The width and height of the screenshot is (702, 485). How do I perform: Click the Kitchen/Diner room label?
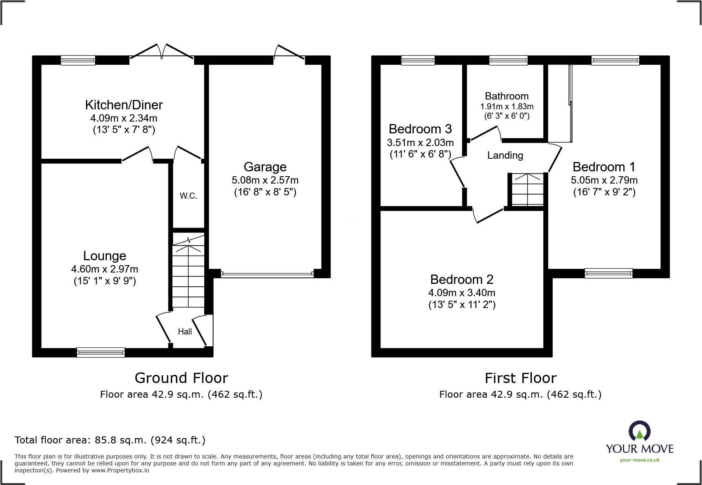pos(124,105)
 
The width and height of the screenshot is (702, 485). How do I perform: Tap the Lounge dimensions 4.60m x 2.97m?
pos(105,269)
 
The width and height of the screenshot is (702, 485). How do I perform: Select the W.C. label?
pos(188,196)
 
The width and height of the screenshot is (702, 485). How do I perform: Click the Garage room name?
pos(265,167)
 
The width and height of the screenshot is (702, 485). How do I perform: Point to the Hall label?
pos(185,332)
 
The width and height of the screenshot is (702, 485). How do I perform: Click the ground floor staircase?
pos(188,270)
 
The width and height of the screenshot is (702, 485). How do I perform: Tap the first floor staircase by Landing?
pos(528,189)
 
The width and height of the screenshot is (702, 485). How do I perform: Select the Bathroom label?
pos(507,96)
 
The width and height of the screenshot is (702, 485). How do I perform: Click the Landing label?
pos(505,155)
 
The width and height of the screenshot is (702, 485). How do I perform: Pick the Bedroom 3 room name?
pos(420,129)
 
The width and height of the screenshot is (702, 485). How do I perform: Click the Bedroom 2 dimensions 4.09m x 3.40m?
pos(462,293)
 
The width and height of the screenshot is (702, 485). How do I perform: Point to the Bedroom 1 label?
pos(604,167)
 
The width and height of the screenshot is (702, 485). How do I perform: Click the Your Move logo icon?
pos(640,431)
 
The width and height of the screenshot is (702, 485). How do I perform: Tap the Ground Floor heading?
pos(181,378)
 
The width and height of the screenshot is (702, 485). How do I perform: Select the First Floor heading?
pos(521,378)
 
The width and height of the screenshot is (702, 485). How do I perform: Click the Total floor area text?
pos(110,440)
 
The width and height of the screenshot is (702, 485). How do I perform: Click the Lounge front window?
pos(101,352)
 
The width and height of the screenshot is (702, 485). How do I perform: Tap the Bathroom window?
pos(508,60)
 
